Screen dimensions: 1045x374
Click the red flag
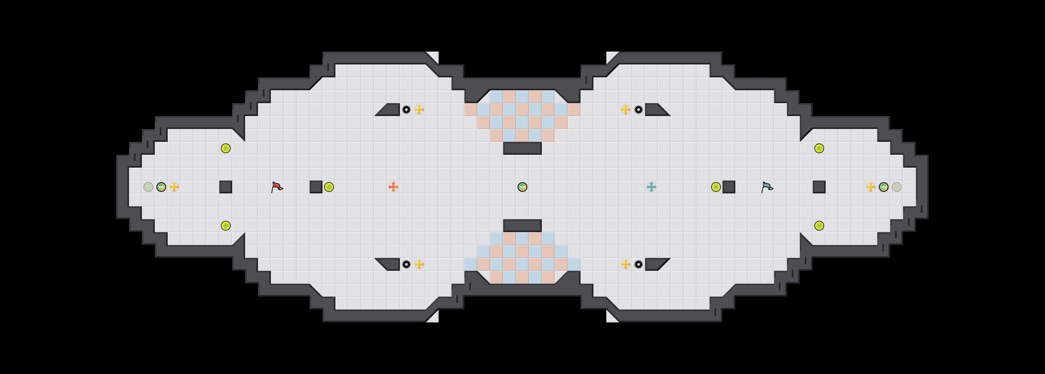(277, 187)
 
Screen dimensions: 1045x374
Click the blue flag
(767, 187)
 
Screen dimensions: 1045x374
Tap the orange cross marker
(393, 187)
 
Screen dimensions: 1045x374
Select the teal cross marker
(651, 187)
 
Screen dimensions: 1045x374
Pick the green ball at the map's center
(522, 187)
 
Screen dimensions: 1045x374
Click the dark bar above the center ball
(522, 148)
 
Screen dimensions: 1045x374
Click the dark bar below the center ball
(522, 226)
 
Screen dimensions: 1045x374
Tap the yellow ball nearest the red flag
(329, 187)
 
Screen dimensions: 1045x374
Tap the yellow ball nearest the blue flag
(716, 187)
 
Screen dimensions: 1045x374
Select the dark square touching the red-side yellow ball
(316, 187)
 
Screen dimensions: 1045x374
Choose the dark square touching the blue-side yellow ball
(729, 187)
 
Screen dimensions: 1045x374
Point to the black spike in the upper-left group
(406, 110)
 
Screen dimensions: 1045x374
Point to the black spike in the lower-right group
(639, 264)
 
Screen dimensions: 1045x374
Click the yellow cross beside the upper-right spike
(625, 110)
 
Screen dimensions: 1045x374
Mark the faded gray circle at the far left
(148, 187)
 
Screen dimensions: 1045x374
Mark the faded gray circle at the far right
(897, 187)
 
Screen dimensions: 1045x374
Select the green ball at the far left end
(161, 187)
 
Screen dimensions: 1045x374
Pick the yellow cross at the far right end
(871, 187)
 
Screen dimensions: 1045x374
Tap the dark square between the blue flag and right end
(819, 187)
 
